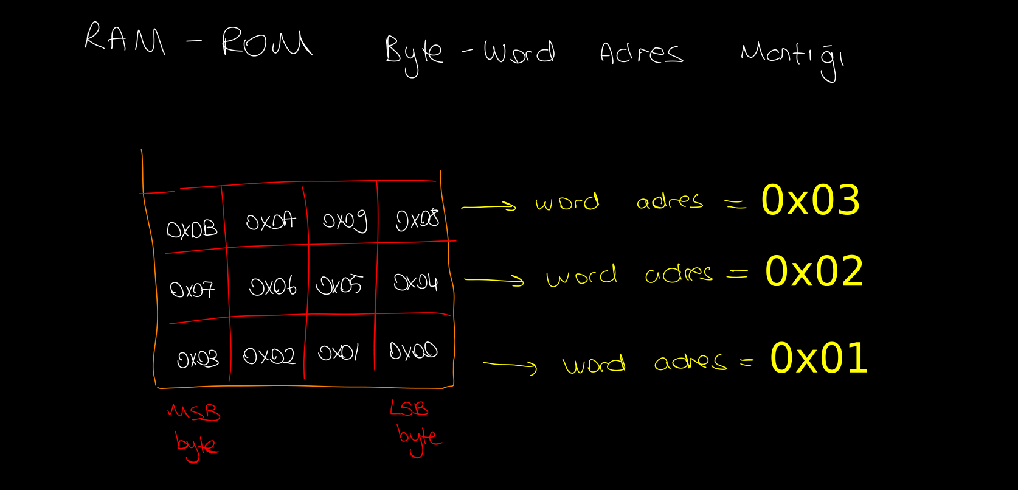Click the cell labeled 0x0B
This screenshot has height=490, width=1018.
(192, 229)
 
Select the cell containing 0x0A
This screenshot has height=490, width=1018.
(271, 221)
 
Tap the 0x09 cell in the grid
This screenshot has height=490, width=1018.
(345, 220)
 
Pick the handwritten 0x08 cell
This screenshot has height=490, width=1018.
(417, 220)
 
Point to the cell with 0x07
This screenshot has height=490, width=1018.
(192, 289)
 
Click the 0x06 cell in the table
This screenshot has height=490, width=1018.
(272, 286)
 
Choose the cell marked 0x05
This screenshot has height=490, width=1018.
(339, 285)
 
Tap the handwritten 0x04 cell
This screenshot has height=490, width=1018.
(415, 282)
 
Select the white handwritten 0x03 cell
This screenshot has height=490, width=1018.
(198, 359)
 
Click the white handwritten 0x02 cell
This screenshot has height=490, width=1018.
(269, 355)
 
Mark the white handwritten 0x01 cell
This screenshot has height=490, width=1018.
(339, 352)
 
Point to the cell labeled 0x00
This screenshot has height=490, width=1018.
(414, 351)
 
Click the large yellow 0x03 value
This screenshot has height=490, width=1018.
(811, 200)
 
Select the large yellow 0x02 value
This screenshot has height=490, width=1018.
(814, 271)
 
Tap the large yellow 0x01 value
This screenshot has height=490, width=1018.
(819, 358)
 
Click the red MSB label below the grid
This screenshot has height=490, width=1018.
(194, 413)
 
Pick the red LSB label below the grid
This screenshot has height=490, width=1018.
(409, 408)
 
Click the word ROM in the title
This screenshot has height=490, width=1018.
(266, 43)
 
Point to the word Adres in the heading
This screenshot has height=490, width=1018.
(641, 53)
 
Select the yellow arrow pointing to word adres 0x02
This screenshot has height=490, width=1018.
(494, 280)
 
